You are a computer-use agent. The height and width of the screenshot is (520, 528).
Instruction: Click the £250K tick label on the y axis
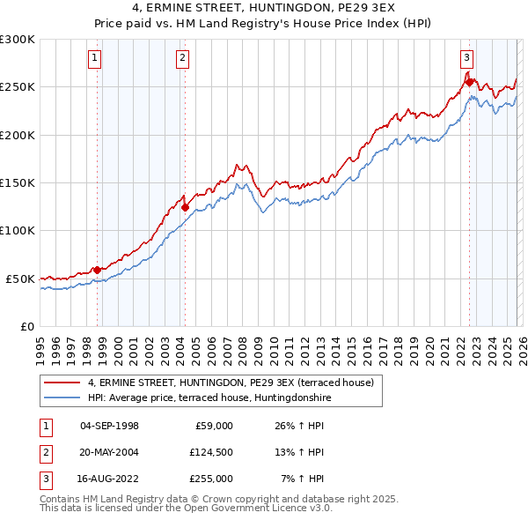[x=18, y=87]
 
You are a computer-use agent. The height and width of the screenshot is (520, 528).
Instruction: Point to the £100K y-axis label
[x=18, y=231]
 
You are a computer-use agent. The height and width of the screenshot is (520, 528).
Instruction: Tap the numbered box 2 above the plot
[x=182, y=59]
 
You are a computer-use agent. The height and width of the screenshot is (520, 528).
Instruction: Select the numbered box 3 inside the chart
[x=466, y=59]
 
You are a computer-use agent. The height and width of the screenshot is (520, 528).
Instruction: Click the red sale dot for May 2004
[x=186, y=208]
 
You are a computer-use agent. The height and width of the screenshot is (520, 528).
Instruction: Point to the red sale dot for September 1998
[x=97, y=270]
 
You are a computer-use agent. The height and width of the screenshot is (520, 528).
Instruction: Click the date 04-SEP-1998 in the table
[x=109, y=426]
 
